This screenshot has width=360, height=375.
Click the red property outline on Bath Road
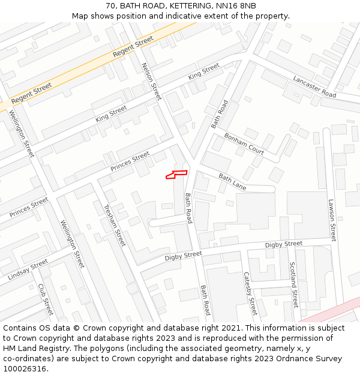pos(176,174)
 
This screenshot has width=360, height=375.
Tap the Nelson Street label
pos(151,81)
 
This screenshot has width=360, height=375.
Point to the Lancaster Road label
pos(314,86)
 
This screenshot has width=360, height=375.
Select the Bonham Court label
pos(244,143)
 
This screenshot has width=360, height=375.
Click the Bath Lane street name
pos(232,182)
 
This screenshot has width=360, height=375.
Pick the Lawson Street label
pos(332,220)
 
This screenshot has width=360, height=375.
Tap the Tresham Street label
pos(115,226)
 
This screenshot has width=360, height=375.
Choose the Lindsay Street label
pos(28,270)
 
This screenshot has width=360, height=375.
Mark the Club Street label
pos(46,299)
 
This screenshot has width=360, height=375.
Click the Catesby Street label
pos(250,293)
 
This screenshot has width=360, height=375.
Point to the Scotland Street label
pos(293,284)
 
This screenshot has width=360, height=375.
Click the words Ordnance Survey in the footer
pos(309,359)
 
